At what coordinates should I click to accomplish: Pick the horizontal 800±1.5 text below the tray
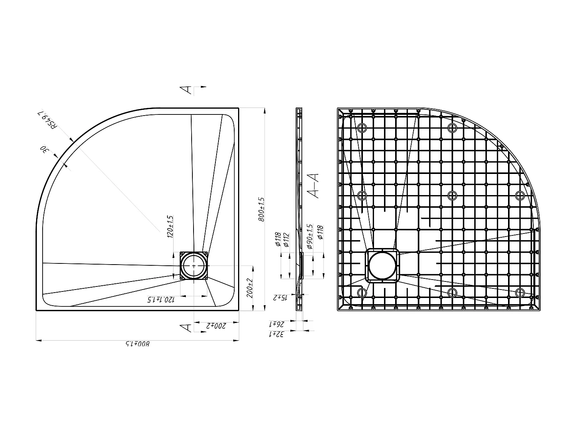tap(137, 344)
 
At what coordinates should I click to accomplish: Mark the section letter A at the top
tap(186, 89)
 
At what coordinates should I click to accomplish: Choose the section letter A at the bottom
tap(186, 328)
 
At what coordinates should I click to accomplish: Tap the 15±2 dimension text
tap(280, 298)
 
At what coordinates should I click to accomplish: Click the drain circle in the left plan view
tap(194, 266)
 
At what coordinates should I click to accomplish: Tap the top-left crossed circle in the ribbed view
tap(362, 128)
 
